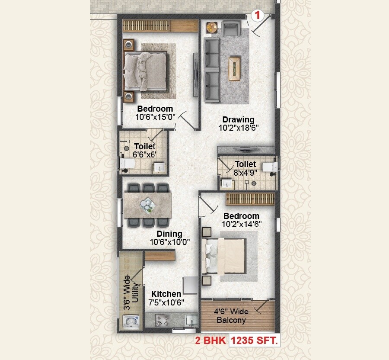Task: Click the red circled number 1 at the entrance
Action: [258, 16]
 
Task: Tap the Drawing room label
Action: [238, 119]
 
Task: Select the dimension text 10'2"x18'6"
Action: [238, 128]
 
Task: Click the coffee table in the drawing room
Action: [235, 68]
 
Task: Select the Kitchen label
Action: [166, 294]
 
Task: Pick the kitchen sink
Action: [191, 321]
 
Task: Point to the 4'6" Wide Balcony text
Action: [231, 316]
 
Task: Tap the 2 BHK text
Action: [210, 341]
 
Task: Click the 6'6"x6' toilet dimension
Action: [145, 154]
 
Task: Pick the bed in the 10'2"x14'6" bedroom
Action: [226, 255]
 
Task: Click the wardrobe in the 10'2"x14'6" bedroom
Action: [251, 199]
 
